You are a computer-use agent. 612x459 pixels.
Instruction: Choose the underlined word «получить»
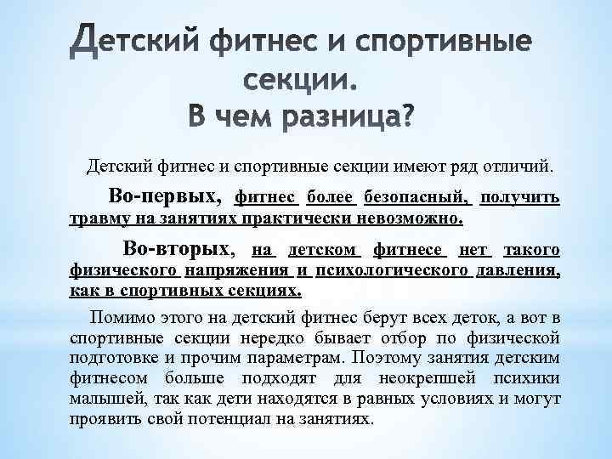coord(519,198)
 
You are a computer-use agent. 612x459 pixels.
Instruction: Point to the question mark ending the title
coord(403,116)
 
